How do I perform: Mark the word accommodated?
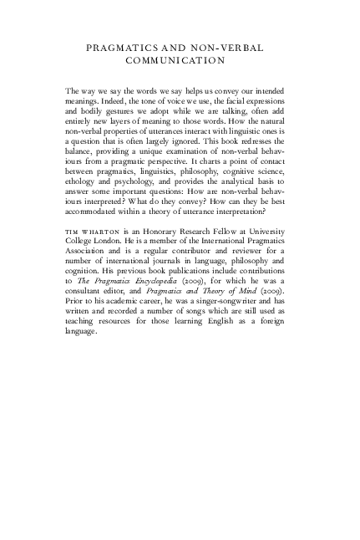coord(94,210)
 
